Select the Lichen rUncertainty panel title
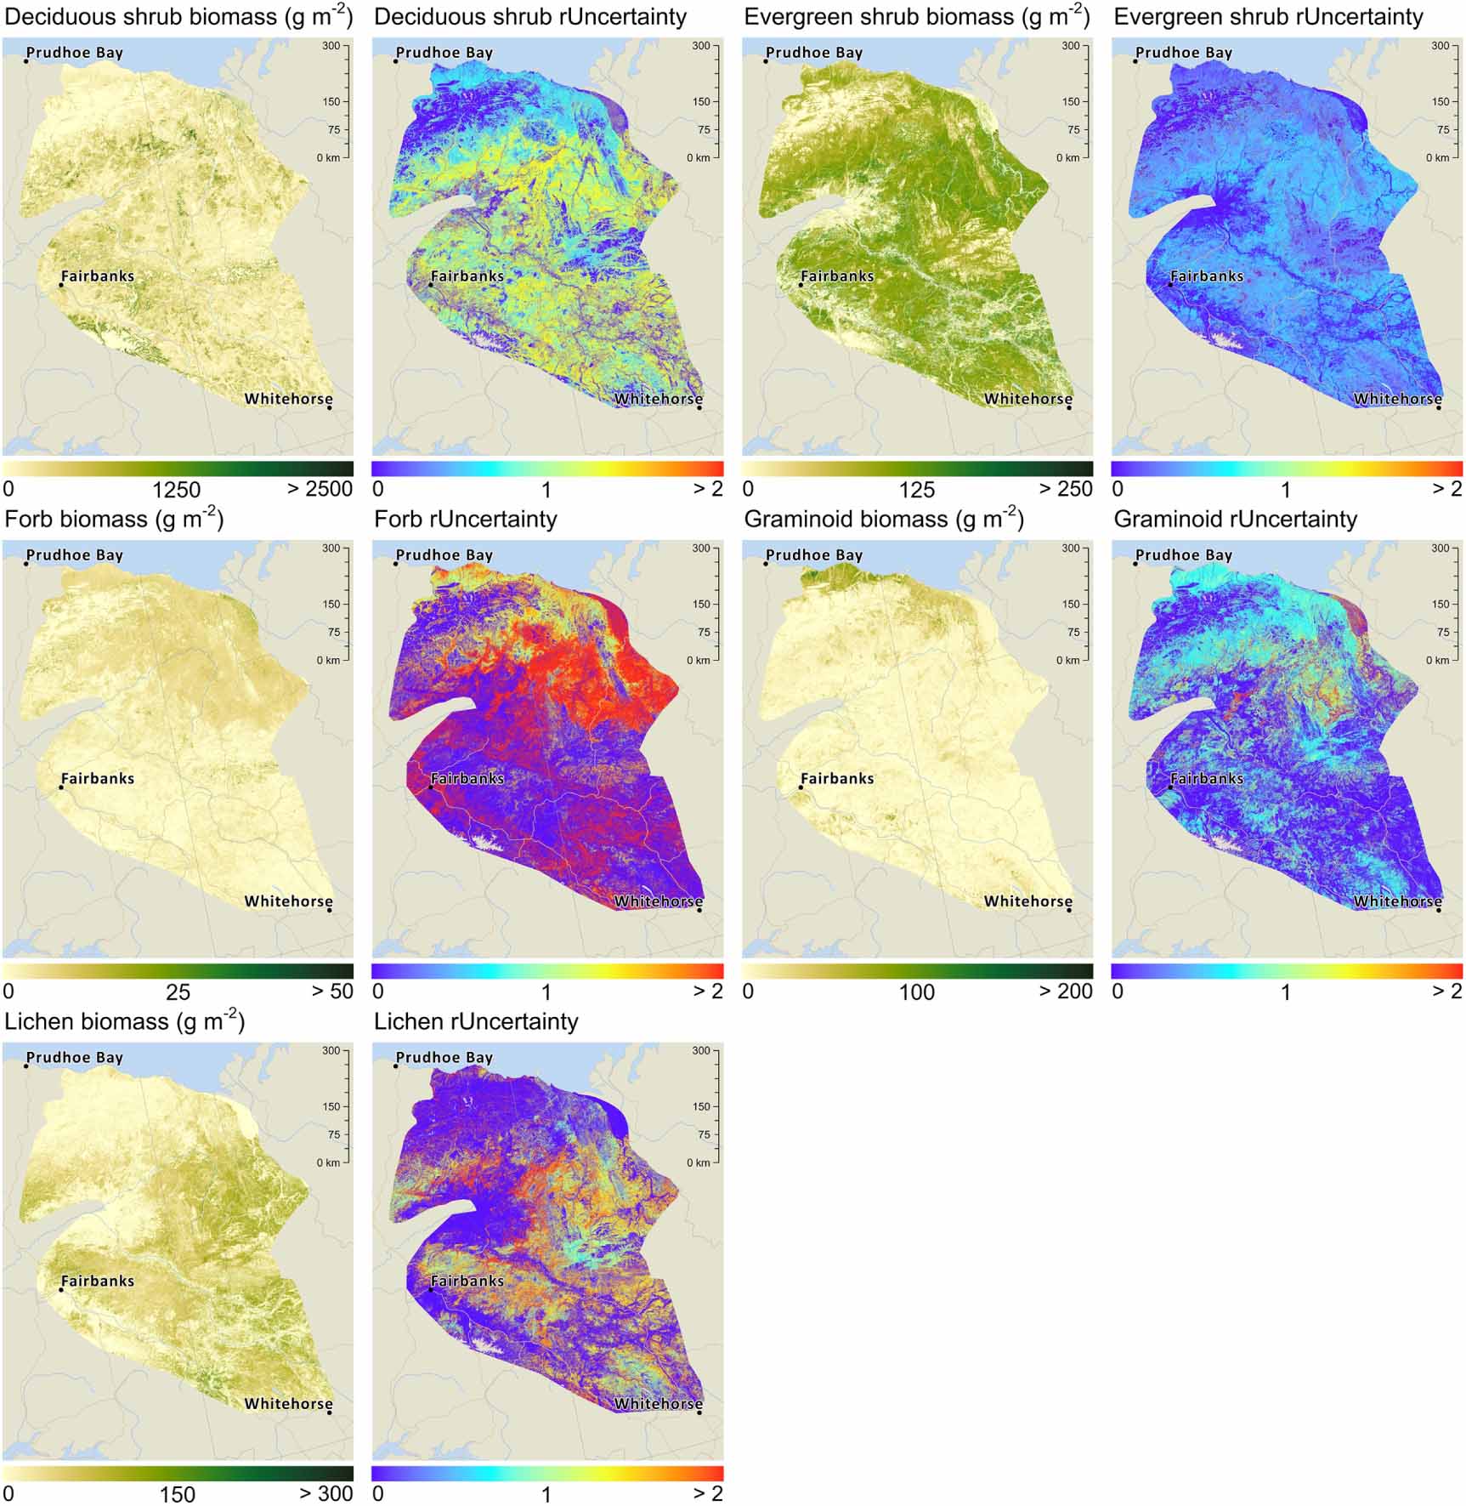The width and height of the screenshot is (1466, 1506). point(476,1021)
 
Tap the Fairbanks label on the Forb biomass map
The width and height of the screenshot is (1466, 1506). point(97,778)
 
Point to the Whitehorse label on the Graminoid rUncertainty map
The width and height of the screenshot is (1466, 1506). point(1397,901)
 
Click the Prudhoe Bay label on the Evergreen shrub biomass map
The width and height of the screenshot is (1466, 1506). point(813,53)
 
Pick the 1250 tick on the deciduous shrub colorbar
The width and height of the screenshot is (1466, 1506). point(176,490)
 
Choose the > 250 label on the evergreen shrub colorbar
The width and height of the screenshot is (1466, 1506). point(1066,489)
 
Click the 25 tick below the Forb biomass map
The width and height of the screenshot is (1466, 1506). point(178,992)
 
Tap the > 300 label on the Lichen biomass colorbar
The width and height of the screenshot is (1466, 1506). point(325,1494)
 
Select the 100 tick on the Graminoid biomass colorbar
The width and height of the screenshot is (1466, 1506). point(916,992)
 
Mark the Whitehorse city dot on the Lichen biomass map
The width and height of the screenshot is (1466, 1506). point(330,1413)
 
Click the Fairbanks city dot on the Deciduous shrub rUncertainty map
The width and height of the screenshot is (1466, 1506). point(431,285)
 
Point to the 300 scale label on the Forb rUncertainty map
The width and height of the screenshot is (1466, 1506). point(700,548)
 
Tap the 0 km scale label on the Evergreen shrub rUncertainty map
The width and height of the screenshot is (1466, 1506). point(1437,158)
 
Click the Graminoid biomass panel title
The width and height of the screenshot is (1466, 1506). point(883,520)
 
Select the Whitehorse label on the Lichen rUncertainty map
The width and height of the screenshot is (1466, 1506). point(658,1403)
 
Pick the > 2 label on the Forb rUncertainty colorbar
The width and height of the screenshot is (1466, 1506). point(707,992)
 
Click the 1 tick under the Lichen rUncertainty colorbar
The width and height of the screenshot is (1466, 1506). point(546,1494)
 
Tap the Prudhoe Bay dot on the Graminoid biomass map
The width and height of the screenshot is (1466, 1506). point(766,564)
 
